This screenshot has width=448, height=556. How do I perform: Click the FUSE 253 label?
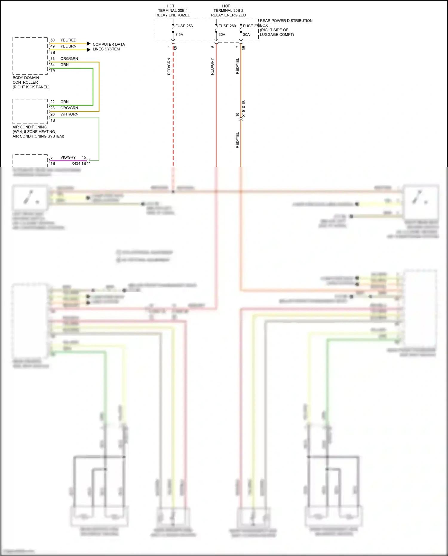click(184, 26)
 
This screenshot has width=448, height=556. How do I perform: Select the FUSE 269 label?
click(227, 26)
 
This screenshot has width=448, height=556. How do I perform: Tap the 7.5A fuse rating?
click(179, 35)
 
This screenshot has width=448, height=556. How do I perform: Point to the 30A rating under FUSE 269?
click(222, 35)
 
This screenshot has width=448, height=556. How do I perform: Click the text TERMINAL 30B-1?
click(173, 10)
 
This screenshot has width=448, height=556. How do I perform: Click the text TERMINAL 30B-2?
click(228, 10)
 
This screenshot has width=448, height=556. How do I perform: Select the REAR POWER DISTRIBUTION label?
click(286, 21)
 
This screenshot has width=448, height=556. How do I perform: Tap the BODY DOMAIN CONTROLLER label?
click(26, 80)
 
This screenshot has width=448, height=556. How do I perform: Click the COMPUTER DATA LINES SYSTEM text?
click(109, 47)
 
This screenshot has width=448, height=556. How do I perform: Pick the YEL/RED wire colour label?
click(68, 40)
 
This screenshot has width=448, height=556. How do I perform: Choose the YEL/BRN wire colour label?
click(68, 46)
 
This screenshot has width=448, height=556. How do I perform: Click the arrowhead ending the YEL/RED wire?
click(88, 44)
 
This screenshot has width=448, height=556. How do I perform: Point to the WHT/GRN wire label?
click(69, 114)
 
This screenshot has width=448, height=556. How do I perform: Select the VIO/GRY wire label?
click(68, 157)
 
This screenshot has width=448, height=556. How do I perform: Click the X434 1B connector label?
click(79, 163)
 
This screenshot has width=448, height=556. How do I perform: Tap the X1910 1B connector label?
click(244, 108)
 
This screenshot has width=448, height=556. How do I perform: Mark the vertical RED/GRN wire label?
click(169, 66)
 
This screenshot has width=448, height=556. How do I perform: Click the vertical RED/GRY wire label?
click(212, 66)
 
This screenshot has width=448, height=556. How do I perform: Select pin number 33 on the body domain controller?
click(53, 59)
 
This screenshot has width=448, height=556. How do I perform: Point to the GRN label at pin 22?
click(65, 102)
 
